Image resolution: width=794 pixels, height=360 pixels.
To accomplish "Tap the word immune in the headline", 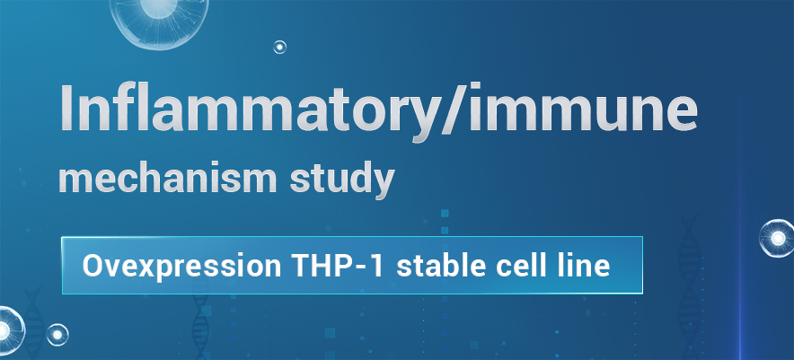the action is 583,108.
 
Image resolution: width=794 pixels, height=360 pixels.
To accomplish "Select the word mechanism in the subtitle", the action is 168,178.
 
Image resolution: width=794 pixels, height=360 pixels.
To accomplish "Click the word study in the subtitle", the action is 342,180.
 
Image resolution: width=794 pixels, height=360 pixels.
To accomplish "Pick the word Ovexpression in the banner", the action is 181,266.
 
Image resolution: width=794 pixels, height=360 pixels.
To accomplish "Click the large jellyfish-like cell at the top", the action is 159,21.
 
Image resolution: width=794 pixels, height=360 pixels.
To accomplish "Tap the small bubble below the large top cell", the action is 280,47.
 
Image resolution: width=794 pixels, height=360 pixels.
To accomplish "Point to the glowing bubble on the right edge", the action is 777,238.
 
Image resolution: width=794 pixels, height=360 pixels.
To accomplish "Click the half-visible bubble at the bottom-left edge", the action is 10,329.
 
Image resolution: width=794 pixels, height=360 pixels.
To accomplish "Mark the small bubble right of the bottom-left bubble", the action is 57,335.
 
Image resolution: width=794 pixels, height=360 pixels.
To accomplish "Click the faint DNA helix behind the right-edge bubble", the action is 690,284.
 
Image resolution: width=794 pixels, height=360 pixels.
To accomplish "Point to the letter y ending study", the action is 382,184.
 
